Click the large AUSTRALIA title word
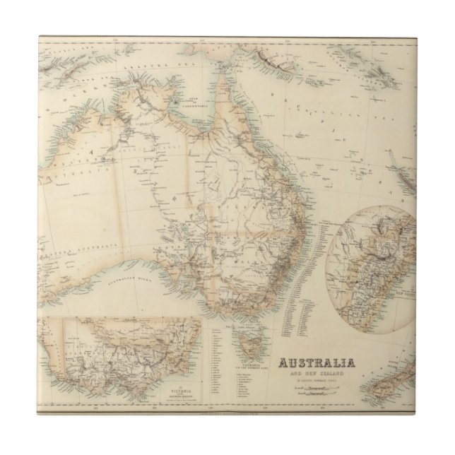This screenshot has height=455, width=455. tap(317, 365)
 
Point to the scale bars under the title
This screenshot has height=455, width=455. tap(316, 392)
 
